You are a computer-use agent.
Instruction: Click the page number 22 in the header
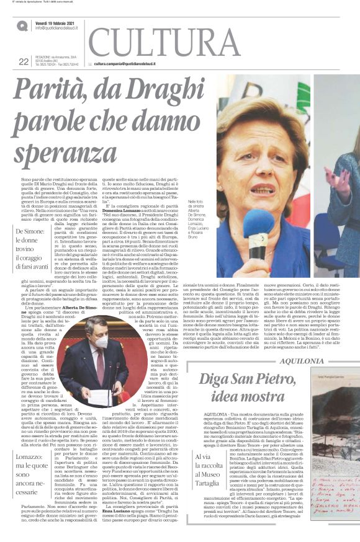pos(24,61)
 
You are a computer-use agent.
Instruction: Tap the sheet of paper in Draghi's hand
pos(100,394)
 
